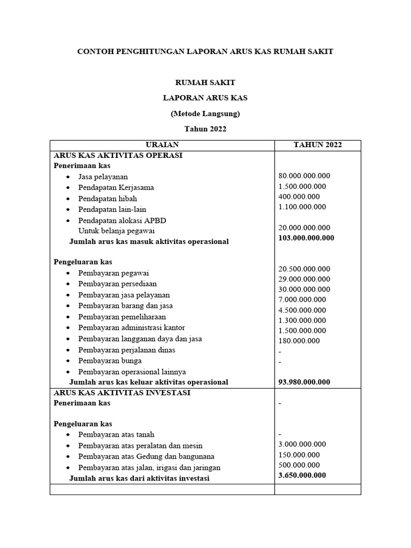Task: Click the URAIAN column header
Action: pyautogui.click(x=162, y=145)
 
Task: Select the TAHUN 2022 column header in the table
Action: pyautogui.click(x=318, y=145)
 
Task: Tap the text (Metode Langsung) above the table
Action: pyautogui.click(x=205, y=113)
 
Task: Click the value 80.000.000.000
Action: pyautogui.click(x=305, y=176)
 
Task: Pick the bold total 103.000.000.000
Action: pyautogui.click(x=306, y=238)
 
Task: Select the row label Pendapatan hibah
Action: pyautogui.click(x=107, y=199)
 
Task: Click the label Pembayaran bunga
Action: pyautogui.click(x=107, y=361)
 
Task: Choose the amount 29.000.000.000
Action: pyautogui.click(x=305, y=279)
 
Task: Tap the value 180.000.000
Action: pyautogui.click(x=300, y=341)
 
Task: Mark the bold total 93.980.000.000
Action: pyautogui.click(x=305, y=382)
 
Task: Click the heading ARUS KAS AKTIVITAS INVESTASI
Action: pyautogui.click(x=122, y=392)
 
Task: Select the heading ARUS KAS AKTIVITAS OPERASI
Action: pyautogui.click(x=118, y=155)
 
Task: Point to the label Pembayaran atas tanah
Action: pyautogui.click(x=116, y=435)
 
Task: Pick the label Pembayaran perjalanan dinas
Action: pyautogui.click(x=126, y=350)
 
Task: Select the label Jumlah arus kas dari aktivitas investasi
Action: pyautogui.click(x=139, y=478)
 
